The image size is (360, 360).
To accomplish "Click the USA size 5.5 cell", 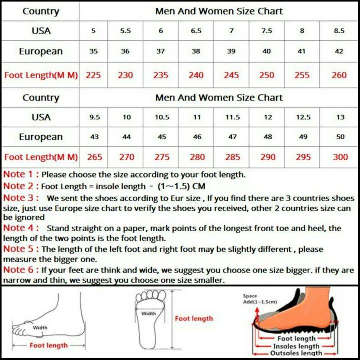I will [x=125, y=31].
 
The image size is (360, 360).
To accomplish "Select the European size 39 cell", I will [x=231, y=51].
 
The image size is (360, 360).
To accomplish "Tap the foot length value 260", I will [x=339, y=75].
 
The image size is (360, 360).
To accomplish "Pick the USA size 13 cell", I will [x=340, y=117].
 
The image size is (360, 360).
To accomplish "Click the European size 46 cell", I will [x=197, y=137].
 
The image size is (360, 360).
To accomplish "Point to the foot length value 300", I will [x=340, y=157].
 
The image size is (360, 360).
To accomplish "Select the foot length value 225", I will [x=93, y=75].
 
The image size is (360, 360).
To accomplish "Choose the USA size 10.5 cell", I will [x=162, y=117].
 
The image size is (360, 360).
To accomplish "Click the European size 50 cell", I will [x=340, y=137].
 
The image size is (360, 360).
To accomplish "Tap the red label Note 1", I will [x=20, y=175].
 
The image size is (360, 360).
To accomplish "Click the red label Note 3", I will [x=20, y=198].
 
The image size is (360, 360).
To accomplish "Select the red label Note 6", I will [x=20, y=270].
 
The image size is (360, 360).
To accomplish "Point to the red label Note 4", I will [x=20, y=228].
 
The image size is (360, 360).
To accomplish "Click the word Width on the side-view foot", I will [x=40, y=328].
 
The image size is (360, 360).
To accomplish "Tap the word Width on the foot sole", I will [x=148, y=314].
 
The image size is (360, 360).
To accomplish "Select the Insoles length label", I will [x=296, y=346].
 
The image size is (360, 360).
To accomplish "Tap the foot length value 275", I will [x=162, y=157].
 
